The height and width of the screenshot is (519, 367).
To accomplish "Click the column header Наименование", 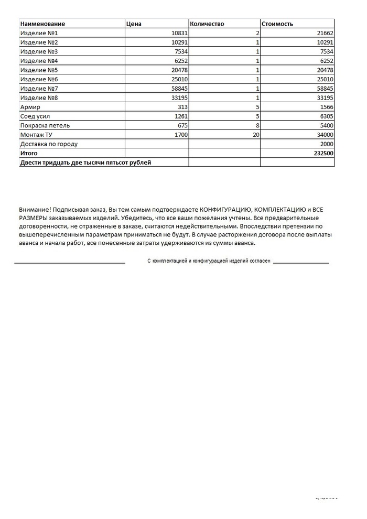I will tap(42, 24).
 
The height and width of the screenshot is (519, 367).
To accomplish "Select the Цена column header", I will tap(134, 24).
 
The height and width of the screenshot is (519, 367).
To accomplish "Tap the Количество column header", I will tap(207, 24).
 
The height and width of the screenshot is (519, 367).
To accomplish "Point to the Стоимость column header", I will tap(278, 24).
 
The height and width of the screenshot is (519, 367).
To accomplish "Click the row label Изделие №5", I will tap(39, 70).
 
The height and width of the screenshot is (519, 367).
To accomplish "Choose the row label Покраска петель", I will tap(45, 125).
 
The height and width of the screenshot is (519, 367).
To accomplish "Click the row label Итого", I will tap(28, 153).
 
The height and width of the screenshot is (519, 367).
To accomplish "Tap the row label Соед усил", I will tap(35, 116).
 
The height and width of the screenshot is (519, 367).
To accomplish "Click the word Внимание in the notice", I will tap(35, 209).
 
